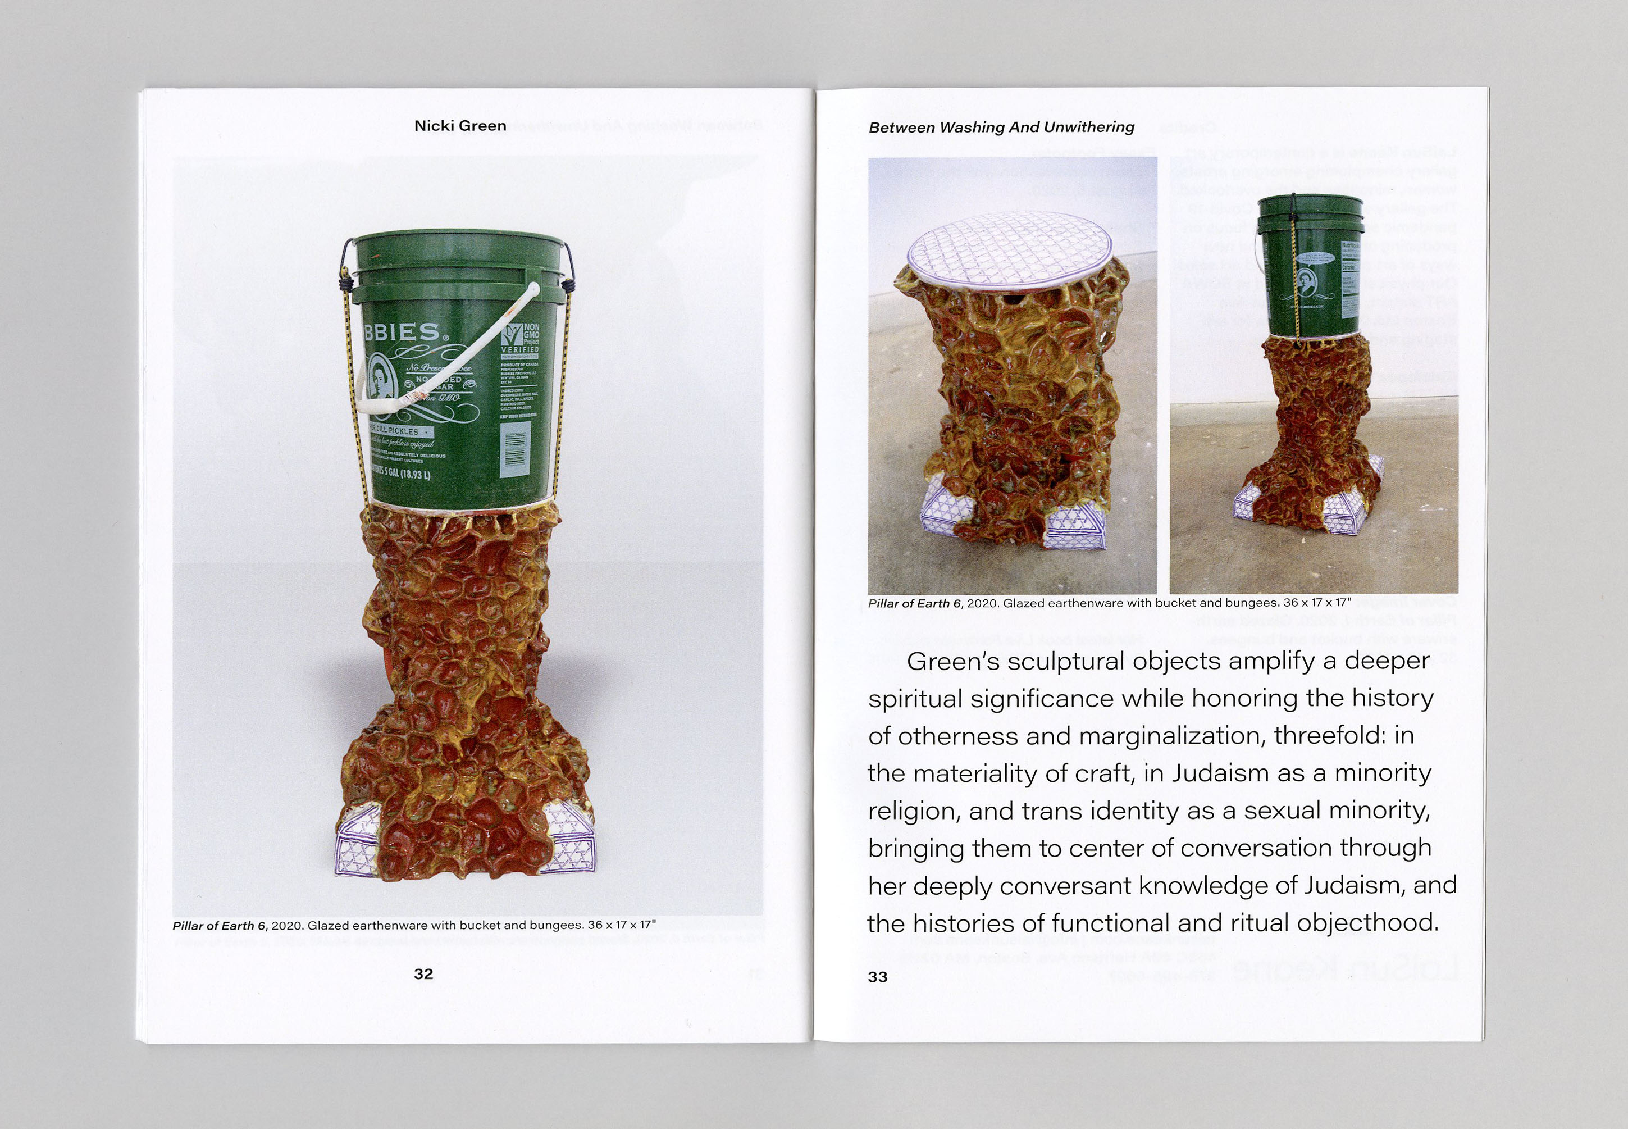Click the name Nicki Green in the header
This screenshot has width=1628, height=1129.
[460, 126]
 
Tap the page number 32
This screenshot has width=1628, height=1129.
[423, 973]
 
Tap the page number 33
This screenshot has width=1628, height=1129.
[877, 977]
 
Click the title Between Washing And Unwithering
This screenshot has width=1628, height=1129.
[1001, 128]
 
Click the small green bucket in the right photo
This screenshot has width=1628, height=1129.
[1311, 265]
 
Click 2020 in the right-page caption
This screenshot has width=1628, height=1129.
[982, 603]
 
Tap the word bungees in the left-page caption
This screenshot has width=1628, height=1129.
[559, 925]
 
